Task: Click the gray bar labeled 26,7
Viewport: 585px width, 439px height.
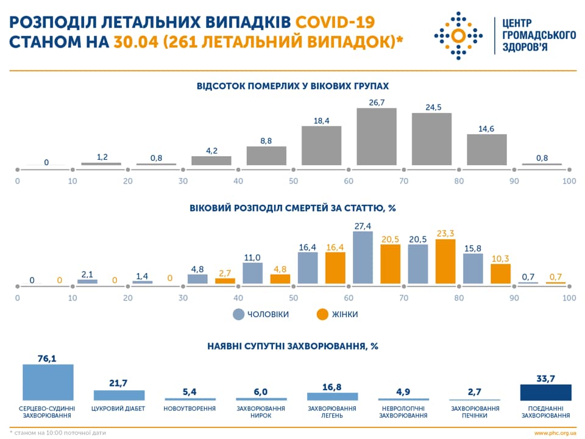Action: point(377,137)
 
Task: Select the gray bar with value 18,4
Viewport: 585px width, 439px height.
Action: point(321,146)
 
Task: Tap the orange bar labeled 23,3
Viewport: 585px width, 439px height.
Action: point(445,262)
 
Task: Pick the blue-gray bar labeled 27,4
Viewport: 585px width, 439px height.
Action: point(363,257)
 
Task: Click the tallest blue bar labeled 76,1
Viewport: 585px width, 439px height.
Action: point(48,382)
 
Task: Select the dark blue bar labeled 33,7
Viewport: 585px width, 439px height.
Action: point(545,392)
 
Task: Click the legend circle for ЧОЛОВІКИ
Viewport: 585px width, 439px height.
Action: point(238,314)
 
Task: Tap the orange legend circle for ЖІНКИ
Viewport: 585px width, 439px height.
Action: point(322,314)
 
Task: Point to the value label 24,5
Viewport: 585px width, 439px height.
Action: point(433,107)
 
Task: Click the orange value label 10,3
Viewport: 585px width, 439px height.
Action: point(500,259)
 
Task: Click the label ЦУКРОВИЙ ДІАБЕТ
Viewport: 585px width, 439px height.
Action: point(118,409)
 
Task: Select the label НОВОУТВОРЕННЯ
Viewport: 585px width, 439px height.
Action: point(190,409)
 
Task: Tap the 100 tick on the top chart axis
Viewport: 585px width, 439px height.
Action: point(569,181)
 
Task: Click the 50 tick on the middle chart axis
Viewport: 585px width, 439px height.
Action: point(294,298)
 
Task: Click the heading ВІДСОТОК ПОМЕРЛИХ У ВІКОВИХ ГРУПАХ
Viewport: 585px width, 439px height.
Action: point(292,86)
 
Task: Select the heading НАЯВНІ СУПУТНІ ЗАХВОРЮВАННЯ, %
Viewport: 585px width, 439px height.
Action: point(292,346)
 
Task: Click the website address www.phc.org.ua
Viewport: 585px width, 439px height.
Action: point(555,432)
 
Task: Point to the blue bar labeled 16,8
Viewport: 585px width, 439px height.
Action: point(332,396)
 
